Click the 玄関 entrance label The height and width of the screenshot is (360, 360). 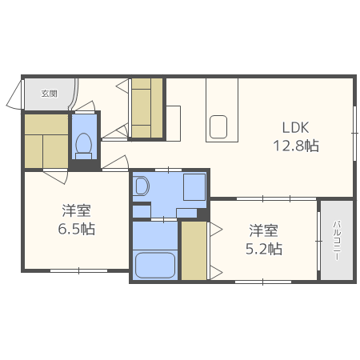tap(50, 94)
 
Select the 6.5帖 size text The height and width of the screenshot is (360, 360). tap(77, 229)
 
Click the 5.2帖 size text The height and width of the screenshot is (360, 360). tap(263, 248)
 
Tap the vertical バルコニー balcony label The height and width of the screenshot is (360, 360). tap(337, 240)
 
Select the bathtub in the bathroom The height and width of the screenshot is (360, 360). tap(155, 264)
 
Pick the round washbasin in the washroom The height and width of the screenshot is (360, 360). tap(142, 186)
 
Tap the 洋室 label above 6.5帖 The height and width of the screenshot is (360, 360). tap(77, 211)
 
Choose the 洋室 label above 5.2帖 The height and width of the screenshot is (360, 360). tap(263, 230)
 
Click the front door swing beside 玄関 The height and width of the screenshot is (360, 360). tap(14, 96)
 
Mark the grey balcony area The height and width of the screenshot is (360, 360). tap(337, 240)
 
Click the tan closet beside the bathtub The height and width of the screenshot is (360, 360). tap(194, 250)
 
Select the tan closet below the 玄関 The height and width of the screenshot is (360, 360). tap(46, 142)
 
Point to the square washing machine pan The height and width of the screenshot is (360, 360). tap(194, 187)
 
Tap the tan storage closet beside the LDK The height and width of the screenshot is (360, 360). tap(147, 108)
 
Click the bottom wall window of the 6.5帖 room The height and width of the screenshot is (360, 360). tap(78, 271)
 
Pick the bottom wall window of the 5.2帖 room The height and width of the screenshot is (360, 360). tap(262, 282)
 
